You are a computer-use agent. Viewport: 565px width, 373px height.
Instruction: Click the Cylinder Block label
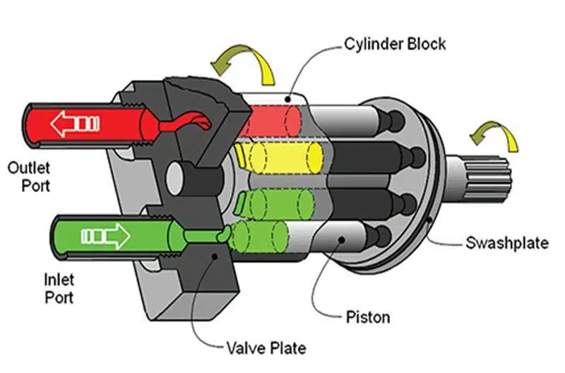(x=395, y=44)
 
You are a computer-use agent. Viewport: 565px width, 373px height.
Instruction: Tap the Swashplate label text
(x=507, y=242)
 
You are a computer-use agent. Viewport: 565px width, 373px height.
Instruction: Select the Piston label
(x=368, y=317)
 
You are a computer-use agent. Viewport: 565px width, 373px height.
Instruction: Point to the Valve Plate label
(x=266, y=348)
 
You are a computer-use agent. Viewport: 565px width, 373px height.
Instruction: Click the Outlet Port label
(x=29, y=177)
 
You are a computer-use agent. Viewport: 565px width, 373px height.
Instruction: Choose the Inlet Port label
(x=59, y=289)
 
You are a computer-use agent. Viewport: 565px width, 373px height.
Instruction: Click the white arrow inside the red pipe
(x=75, y=124)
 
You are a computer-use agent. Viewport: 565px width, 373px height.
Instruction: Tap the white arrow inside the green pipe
(x=105, y=236)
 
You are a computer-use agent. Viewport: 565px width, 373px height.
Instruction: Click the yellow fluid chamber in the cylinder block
(x=279, y=158)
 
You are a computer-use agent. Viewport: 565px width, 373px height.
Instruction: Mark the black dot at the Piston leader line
(x=342, y=239)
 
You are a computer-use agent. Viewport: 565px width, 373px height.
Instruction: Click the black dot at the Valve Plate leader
(x=215, y=256)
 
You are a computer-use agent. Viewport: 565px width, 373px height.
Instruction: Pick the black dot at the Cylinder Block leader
(x=287, y=99)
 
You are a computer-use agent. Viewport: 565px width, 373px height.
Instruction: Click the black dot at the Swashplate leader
(x=429, y=219)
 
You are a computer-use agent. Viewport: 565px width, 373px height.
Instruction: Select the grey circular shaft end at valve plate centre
(x=174, y=178)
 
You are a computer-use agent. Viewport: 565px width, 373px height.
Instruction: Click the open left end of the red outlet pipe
(x=32, y=126)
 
